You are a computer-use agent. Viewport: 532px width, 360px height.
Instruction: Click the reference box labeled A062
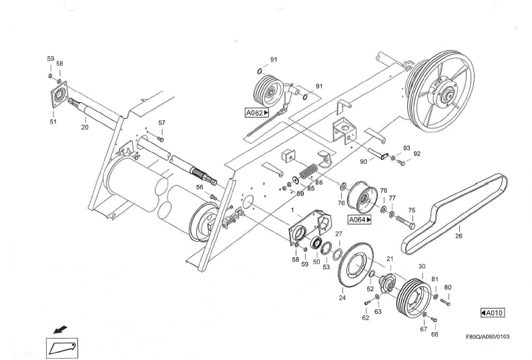[x=257, y=113]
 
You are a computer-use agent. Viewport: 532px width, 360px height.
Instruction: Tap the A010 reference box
[x=493, y=313]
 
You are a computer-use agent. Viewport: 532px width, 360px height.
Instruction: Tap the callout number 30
[x=421, y=266]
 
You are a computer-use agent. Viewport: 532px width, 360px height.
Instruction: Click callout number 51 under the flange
[x=53, y=122]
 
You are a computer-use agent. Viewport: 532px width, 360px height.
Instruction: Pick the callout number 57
[x=161, y=123]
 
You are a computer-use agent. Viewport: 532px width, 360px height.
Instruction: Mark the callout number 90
[x=363, y=161]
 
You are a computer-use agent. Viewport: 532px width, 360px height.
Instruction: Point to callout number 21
[x=389, y=258]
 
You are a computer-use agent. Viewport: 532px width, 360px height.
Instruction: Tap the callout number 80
[x=448, y=288]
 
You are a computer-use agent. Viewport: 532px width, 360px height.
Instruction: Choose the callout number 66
[x=435, y=334]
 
